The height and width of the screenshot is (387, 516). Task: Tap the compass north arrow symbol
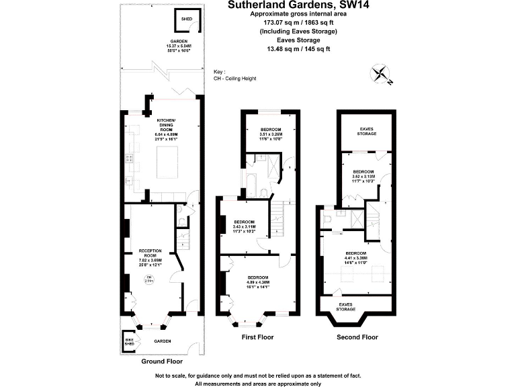coord(384,75)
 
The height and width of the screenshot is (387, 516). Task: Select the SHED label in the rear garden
coord(186,19)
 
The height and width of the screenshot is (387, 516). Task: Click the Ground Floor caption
coord(161,361)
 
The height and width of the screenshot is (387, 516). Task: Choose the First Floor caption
coord(257,337)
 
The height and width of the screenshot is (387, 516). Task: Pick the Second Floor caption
coord(357,337)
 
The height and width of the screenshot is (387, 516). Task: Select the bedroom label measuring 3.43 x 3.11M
coord(244,224)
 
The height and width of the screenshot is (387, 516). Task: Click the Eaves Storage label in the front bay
coord(346,306)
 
